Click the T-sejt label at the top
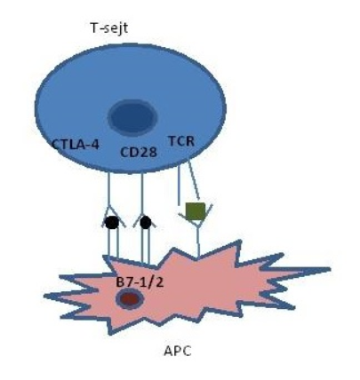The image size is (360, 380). click(109, 28)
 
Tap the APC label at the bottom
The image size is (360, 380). click(178, 351)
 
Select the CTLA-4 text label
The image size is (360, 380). click(76, 145)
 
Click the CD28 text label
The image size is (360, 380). click(139, 152)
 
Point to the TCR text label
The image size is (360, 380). click(181, 141)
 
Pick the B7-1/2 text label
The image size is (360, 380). click(140, 282)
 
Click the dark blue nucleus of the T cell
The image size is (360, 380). click(132, 117)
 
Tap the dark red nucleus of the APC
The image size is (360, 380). click(130, 299)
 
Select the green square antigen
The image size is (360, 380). click(196, 211)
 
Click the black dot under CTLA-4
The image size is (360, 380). click(112, 223)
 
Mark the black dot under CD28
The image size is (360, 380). click(146, 223)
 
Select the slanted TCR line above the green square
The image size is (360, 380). click(194, 181)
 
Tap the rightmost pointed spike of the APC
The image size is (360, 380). click(329, 269)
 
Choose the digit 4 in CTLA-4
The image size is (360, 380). click(95, 145)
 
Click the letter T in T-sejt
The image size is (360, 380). click(94, 28)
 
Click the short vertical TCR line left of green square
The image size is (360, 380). click(180, 186)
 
